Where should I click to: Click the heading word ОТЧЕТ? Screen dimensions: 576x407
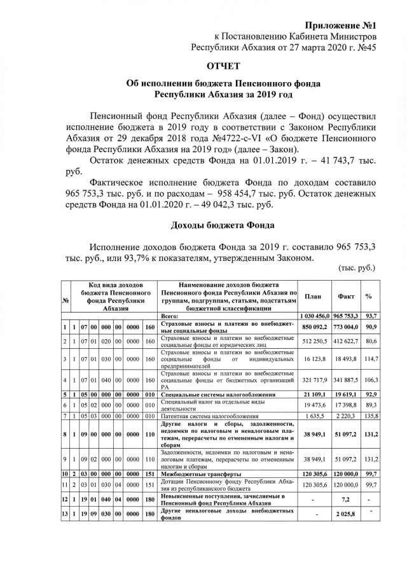coord(223,66)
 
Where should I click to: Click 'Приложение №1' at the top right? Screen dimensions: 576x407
coord(341,25)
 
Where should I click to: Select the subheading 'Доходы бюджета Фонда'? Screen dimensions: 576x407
coord(223,225)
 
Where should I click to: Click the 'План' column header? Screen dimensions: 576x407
coord(313,296)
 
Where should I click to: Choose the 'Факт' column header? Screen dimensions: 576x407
coord(346,296)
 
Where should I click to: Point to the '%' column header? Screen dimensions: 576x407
coord(370,296)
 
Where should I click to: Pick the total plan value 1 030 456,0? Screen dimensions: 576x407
coord(314,316)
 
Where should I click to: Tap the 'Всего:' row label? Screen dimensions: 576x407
coord(169,316)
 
